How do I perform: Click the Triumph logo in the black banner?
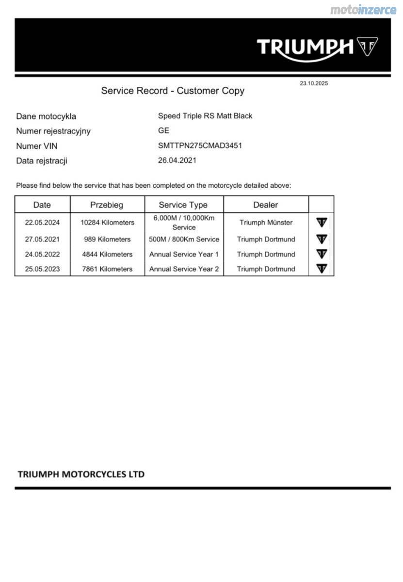(317, 47)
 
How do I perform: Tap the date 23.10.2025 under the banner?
(313, 83)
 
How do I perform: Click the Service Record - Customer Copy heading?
(173, 91)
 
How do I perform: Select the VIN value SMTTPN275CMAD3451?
(200, 145)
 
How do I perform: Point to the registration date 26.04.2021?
(177, 160)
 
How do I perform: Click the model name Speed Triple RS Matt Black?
(205, 116)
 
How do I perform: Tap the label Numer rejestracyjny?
(53, 131)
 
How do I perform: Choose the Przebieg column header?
(107, 205)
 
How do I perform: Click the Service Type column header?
(183, 205)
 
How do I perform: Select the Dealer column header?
(265, 205)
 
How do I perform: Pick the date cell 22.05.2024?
(42, 223)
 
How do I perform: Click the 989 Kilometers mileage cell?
(107, 239)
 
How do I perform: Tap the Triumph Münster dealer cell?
(266, 223)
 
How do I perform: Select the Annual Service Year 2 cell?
(184, 269)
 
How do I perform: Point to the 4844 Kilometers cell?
(107, 254)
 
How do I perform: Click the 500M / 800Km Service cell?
(184, 239)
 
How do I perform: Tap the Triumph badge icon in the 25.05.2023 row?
(322, 268)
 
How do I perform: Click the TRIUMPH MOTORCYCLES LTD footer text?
(81, 474)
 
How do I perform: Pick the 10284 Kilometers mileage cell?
(107, 223)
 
